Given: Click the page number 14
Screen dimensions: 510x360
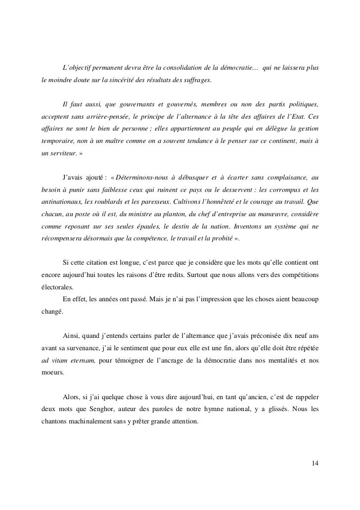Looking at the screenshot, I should tap(315, 463).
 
